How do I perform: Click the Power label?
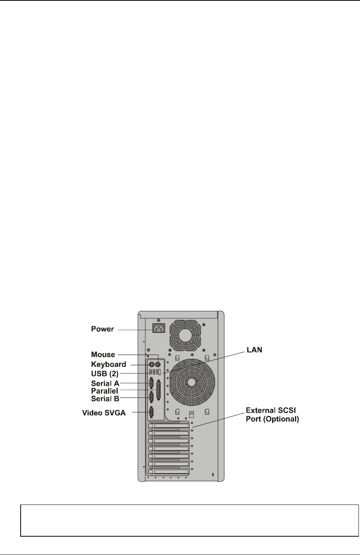click(x=102, y=329)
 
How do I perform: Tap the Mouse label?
click(x=103, y=355)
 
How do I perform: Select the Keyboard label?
click(x=109, y=364)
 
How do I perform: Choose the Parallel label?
click(x=105, y=391)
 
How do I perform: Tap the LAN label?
click(x=254, y=350)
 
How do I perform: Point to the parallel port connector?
click(x=158, y=391)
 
